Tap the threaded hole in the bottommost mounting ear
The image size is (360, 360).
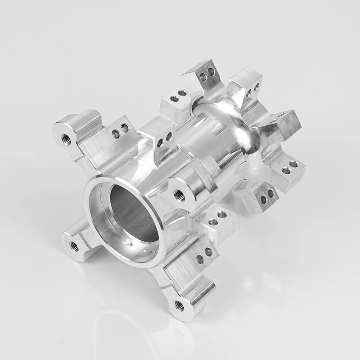(179, 305)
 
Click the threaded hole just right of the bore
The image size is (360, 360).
(179, 194)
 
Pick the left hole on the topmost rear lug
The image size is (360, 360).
(203, 76)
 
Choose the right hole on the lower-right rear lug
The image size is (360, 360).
(293, 164)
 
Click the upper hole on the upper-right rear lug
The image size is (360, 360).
(256, 85)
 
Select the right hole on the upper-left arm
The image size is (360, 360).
(125, 128)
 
